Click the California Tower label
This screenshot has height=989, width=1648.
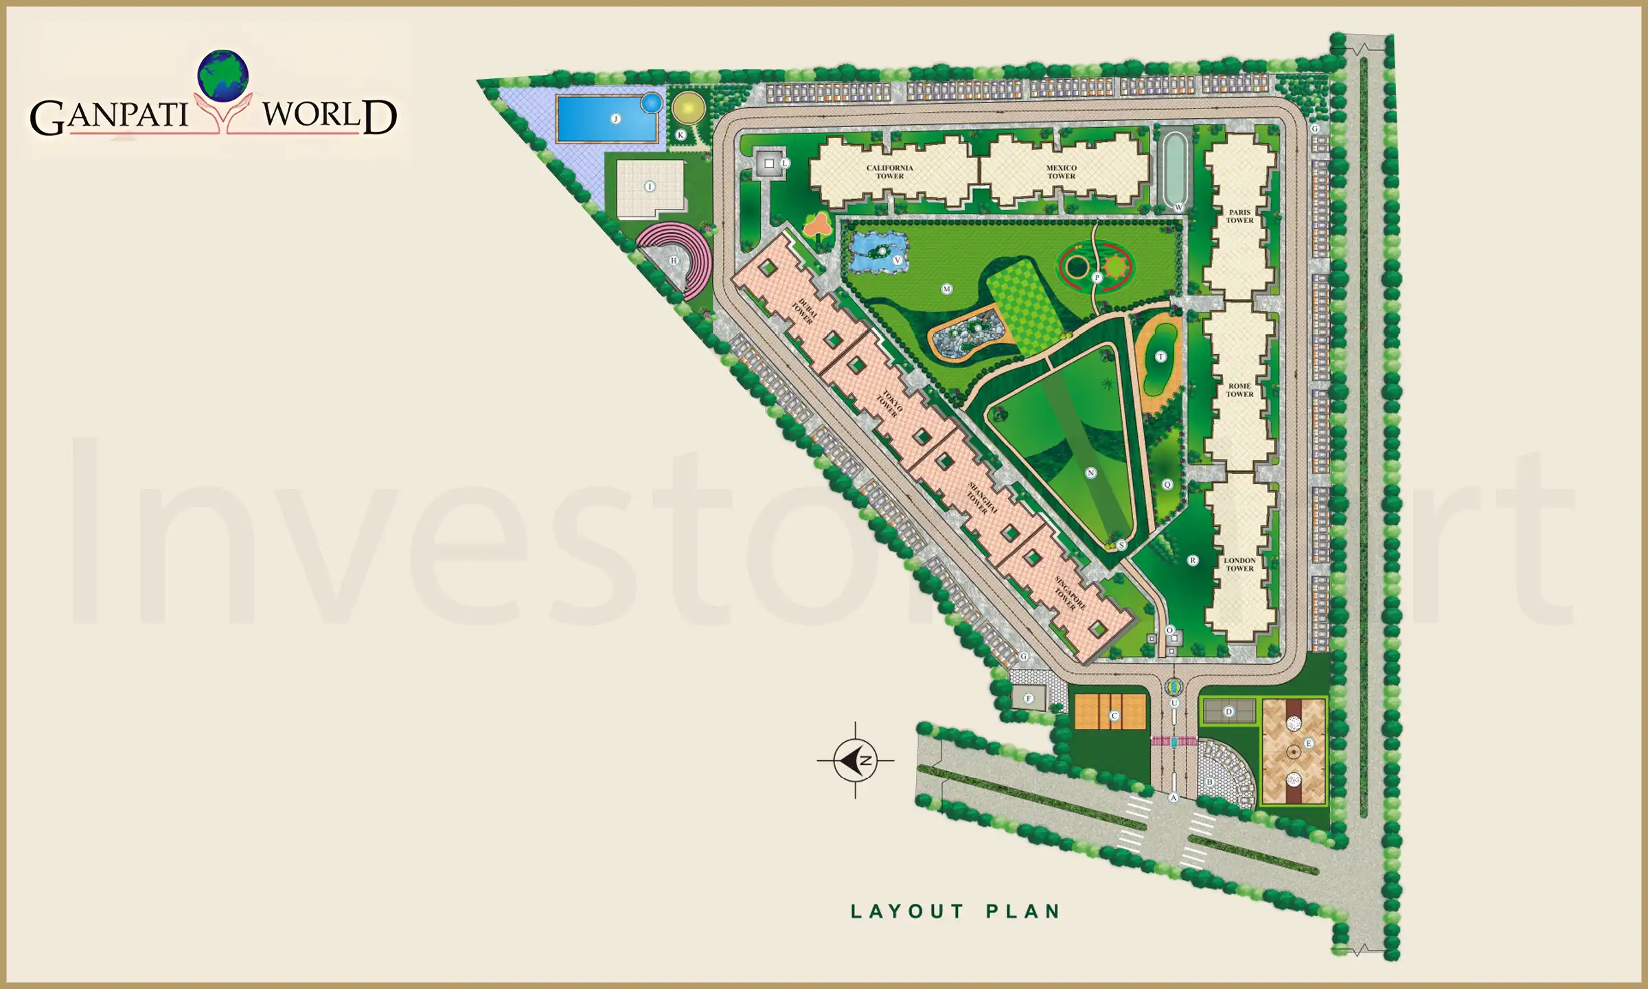889,172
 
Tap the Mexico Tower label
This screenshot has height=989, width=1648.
1061,172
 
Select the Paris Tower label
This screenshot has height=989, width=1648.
1239,216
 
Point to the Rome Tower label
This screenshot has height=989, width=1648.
1239,390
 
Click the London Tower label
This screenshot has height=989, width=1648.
1239,564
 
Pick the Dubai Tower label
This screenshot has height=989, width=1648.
804,310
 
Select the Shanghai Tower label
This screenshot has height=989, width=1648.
981,498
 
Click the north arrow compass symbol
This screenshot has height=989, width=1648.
856,760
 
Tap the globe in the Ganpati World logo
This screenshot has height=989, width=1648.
222,76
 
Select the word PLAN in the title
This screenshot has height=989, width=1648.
1023,911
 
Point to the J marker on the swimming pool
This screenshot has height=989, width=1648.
616,119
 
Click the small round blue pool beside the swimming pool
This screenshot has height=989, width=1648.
651,103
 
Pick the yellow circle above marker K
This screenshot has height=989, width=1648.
688,108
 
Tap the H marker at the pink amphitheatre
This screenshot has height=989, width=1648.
674,261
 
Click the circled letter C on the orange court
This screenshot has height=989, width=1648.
1114,716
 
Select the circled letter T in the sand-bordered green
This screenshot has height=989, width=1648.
1160,356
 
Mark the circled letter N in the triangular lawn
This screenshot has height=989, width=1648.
1091,473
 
